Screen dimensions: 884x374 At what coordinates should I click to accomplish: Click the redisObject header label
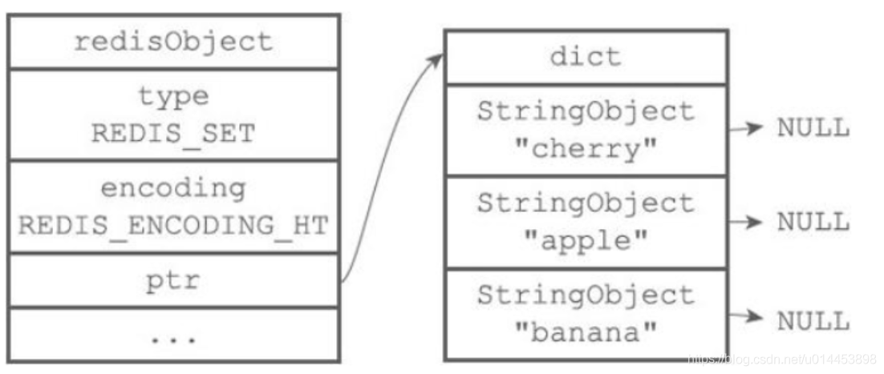(173, 42)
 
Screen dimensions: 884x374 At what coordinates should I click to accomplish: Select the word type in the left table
(173, 97)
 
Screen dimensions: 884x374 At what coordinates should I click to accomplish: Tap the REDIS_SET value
(173, 134)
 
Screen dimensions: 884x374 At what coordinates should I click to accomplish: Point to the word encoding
(173, 189)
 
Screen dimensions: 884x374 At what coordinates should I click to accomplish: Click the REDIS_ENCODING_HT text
(173, 226)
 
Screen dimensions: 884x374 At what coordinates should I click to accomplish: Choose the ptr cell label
(173, 281)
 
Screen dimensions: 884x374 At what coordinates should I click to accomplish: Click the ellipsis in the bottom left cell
(173, 338)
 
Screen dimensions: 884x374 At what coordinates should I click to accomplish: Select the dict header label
(586, 57)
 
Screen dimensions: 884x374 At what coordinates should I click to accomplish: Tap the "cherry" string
(586, 149)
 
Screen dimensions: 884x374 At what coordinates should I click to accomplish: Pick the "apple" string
(586, 241)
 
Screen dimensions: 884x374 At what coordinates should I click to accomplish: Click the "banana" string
(586, 333)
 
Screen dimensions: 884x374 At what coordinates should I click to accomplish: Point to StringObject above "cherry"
(586, 111)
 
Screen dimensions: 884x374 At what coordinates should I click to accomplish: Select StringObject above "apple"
(586, 203)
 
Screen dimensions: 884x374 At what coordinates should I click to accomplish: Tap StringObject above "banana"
(586, 296)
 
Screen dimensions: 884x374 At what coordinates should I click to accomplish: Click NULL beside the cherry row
(813, 129)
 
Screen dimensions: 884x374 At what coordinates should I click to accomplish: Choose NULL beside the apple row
(813, 222)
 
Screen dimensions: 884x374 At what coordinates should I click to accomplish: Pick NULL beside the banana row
(813, 322)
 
